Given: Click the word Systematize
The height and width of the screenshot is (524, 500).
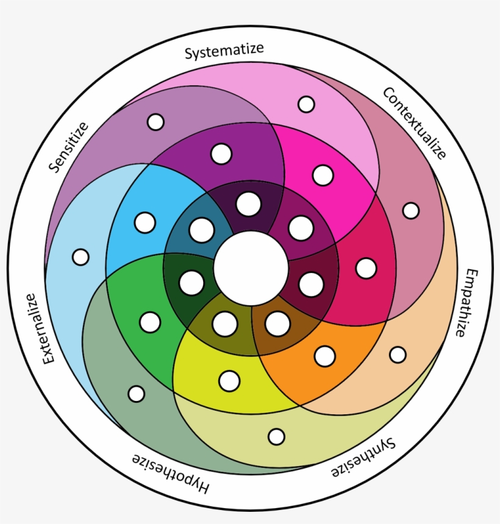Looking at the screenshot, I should tap(225, 51).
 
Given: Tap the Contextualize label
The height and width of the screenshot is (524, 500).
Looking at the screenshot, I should tap(415, 122).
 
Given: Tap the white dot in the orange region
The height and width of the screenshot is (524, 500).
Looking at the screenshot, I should tap(325, 356).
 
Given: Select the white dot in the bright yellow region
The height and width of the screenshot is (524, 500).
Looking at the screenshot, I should tap(229, 381).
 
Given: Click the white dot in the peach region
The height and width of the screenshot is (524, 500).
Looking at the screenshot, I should tap(398, 355).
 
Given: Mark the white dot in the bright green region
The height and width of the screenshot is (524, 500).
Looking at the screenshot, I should tap(150, 322).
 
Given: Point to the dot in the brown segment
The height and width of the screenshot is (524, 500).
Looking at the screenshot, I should tap(277, 324).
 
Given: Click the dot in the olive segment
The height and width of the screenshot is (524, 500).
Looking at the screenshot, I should tap(224, 324).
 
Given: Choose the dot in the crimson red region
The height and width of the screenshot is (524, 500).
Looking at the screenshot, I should tap(366, 268).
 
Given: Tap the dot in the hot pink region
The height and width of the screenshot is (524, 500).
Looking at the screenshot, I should tap(323, 175).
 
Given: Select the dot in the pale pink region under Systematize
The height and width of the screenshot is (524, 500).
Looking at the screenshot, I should tap(306, 104).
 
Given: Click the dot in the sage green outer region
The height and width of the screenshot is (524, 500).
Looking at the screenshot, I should tap(137, 394).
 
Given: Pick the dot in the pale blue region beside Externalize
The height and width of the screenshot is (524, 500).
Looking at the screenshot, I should tap(80, 257).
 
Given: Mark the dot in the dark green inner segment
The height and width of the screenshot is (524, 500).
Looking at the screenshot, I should tap(191, 283).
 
